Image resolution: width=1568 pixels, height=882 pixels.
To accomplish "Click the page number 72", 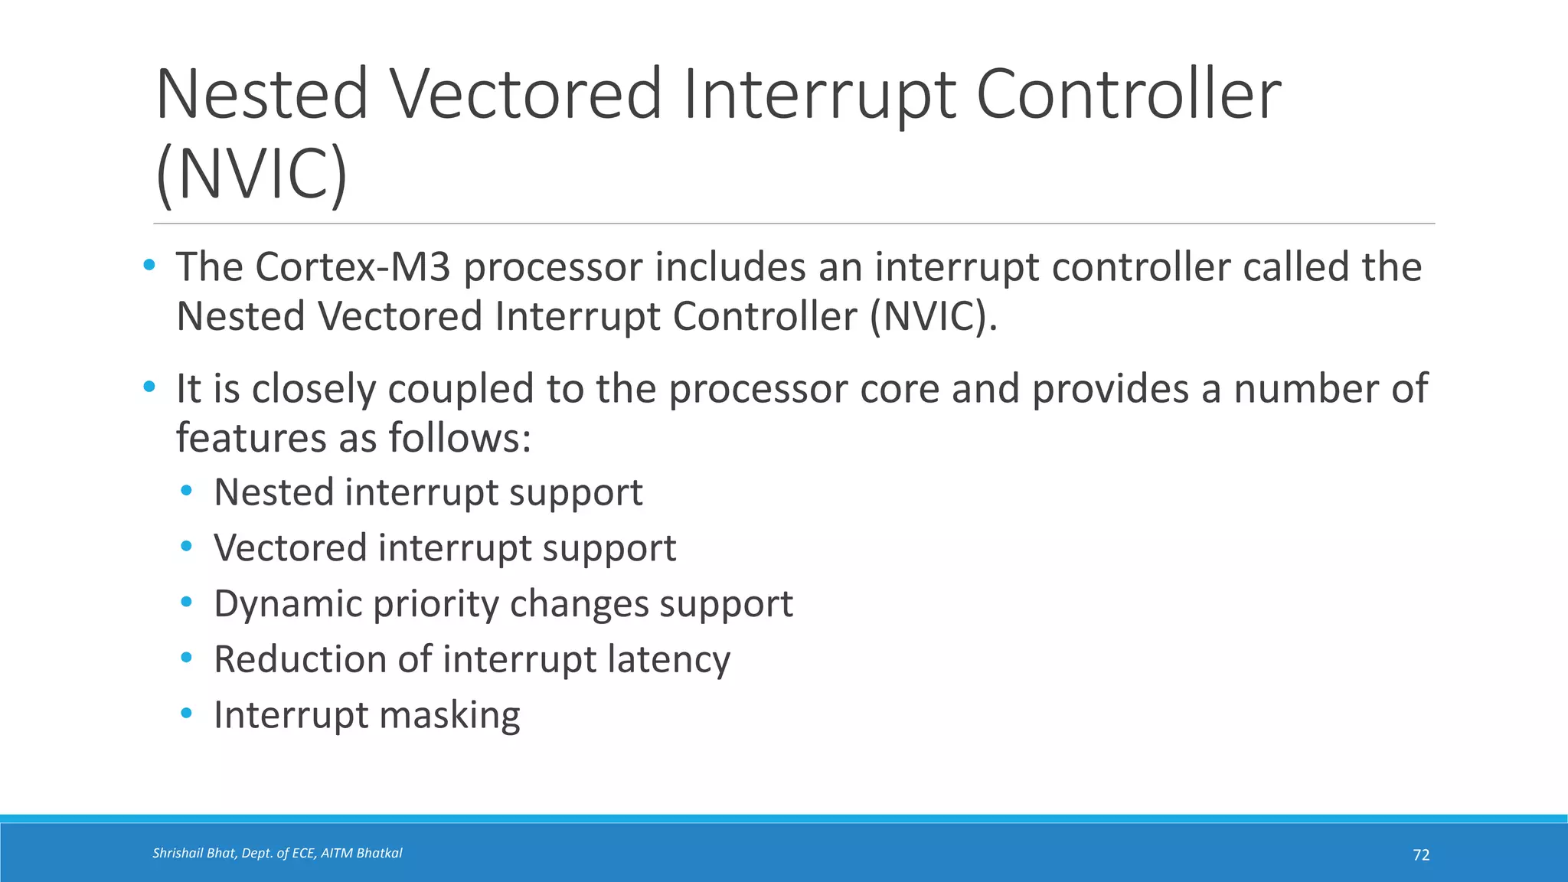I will point(1421,855).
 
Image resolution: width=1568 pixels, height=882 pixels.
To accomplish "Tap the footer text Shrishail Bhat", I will point(194,853).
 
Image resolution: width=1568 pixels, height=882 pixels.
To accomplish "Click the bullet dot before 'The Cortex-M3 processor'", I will point(149,266).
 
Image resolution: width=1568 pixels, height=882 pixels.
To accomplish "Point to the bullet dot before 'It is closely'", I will point(149,387).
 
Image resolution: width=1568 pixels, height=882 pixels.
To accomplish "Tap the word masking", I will point(449,715).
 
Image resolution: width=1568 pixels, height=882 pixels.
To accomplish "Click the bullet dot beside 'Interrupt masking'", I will point(187,714).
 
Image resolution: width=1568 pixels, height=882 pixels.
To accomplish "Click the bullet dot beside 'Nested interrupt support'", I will point(187,491).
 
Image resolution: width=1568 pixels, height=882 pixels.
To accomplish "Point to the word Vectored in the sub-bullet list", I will point(290,548).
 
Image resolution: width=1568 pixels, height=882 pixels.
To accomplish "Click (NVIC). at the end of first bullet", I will point(933,316).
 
